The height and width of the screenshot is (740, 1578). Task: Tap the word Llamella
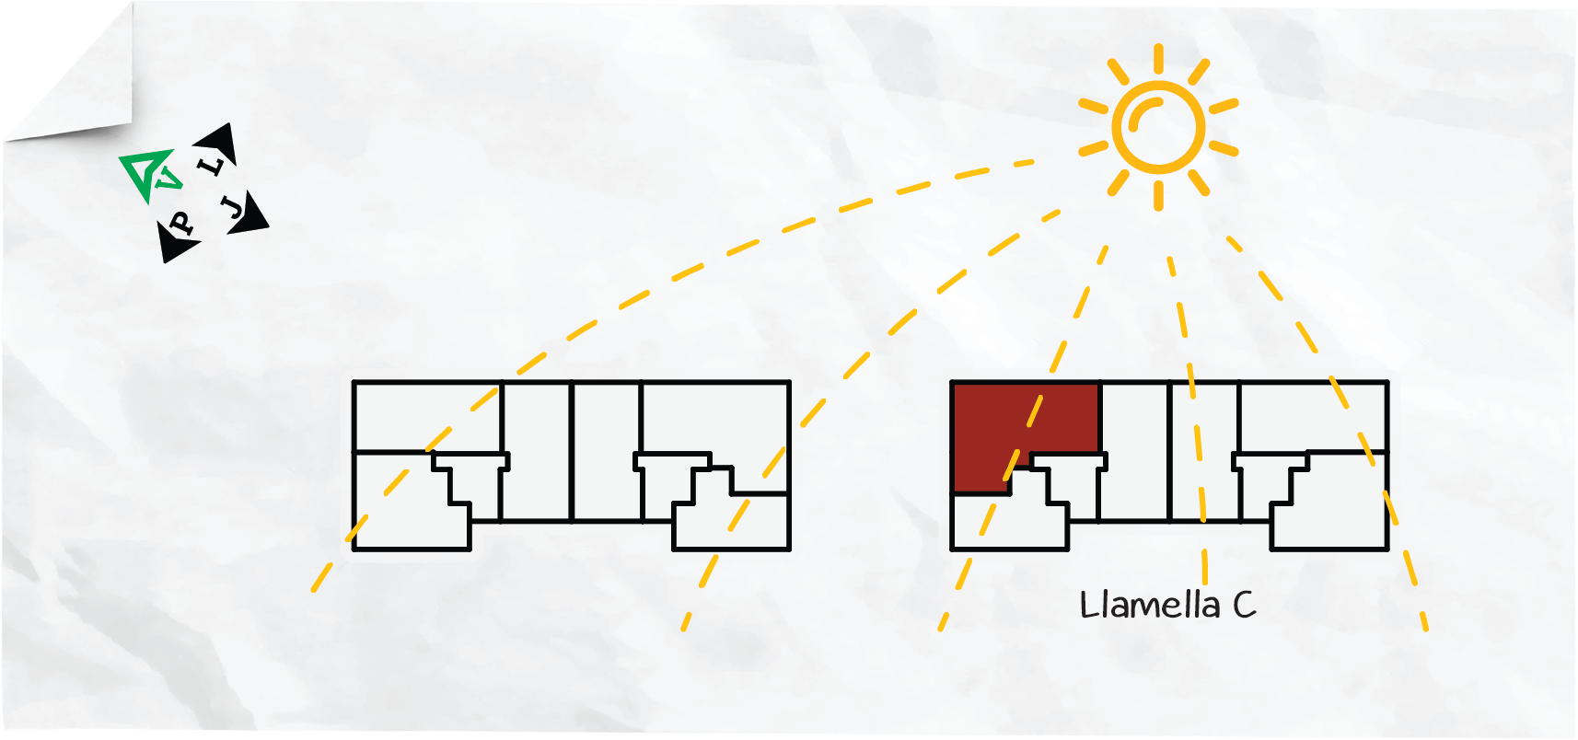coord(1150,606)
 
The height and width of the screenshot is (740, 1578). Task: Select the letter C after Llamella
coord(1245,606)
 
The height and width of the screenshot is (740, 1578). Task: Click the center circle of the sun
coord(1158,127)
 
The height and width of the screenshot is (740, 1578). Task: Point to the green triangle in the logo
coord(145,173)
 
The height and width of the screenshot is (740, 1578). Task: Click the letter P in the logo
coord(181,224)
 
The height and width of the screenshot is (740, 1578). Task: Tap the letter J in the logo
coord(232,207)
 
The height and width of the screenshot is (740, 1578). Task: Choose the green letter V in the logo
coord(168,179)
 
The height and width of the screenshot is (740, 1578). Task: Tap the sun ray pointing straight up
coord(1158,58)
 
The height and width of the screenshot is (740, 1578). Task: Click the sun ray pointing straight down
coord(1158,196)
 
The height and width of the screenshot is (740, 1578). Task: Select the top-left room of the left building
coord(427,417)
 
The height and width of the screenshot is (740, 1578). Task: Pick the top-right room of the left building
coord(715,417)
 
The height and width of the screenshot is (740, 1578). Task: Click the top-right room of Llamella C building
coord(1314,417)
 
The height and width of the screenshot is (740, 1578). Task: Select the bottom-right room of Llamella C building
coord(1330,500)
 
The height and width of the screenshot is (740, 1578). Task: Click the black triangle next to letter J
coord(250,214)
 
